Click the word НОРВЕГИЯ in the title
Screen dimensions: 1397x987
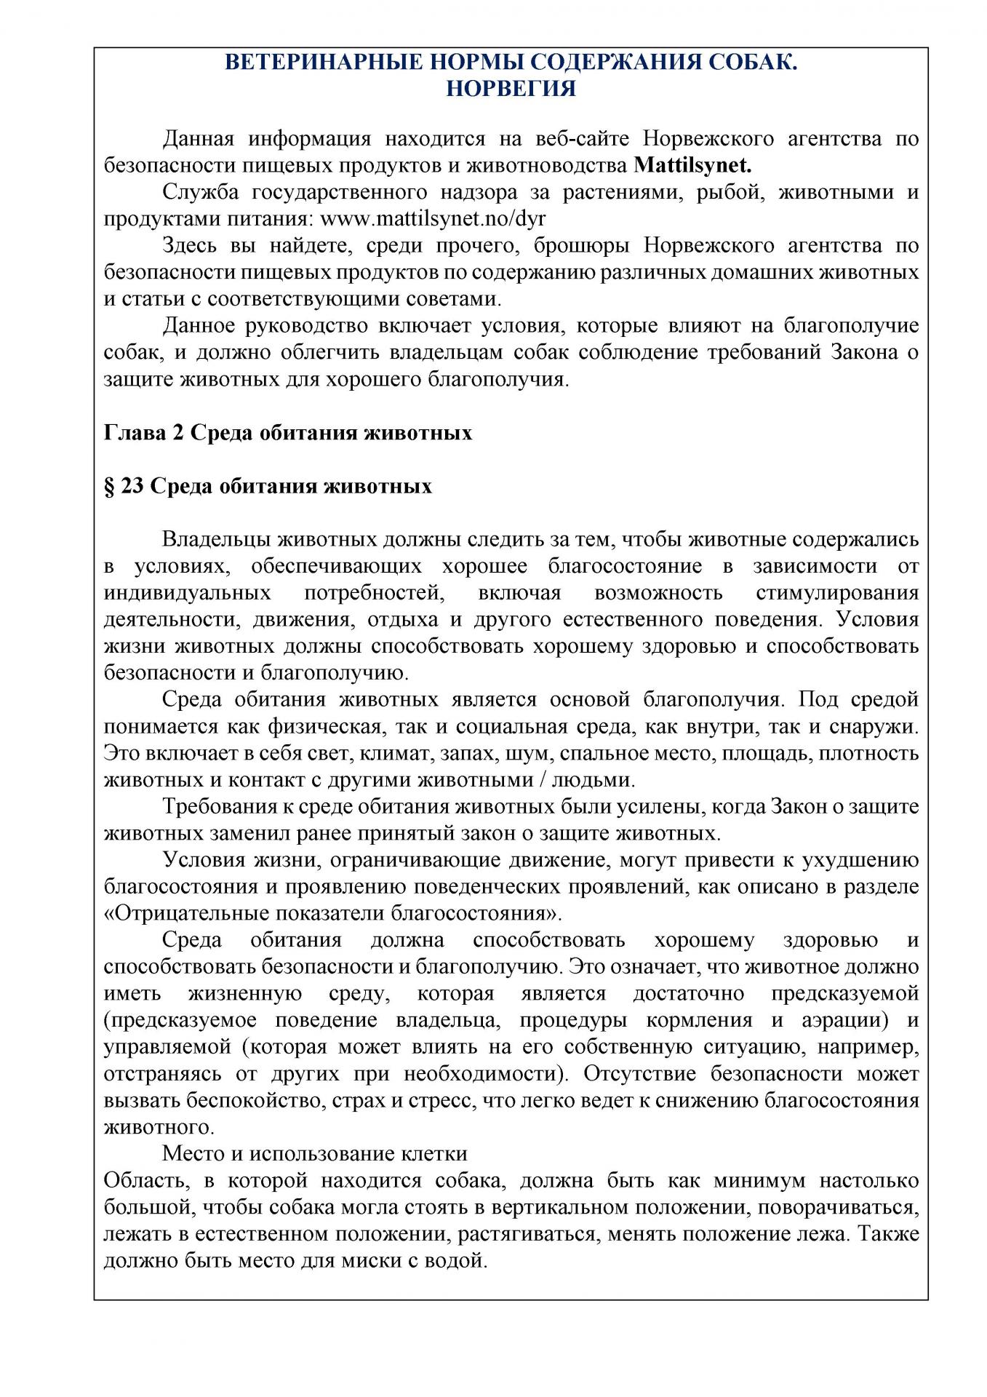pyautogui.click(x=511, y=89)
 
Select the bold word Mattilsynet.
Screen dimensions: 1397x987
pyautogui.click(x=692, y=165)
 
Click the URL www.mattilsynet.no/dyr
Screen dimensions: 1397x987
pyautogui.click(x=433, y=219)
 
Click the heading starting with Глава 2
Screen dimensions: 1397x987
pyautogui.click(x=288, y=433)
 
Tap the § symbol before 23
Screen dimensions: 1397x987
pyautogui.click(x=109, y=486)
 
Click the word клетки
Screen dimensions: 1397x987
pyautogui.click(x=434, y=1153)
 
